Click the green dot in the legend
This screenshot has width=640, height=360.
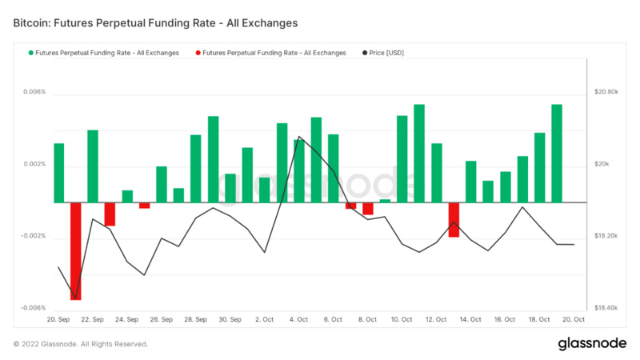point(30,53)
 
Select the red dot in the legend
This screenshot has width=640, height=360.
point(198,53)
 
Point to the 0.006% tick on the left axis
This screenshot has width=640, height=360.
point(34,92)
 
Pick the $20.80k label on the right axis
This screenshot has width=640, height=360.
point(606,92)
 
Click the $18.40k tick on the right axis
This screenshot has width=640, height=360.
point(606,308)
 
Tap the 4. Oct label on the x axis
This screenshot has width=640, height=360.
point(298,319)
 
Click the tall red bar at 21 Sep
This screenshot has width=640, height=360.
point(76,250)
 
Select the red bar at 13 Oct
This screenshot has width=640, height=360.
point(454,219)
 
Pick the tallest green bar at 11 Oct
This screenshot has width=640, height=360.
point(419,154)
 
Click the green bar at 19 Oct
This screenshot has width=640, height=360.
point(556,154)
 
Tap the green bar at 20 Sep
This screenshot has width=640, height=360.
point(58,173)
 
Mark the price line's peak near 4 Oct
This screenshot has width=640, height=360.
point(299,137)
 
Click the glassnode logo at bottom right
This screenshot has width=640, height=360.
point(592,343)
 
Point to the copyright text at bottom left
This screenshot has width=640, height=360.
point(81,344)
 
